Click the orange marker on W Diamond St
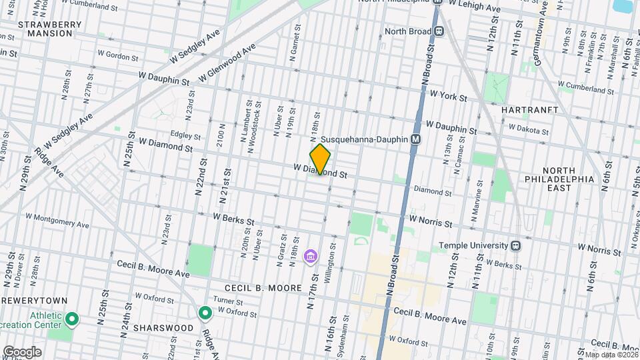point(320,159)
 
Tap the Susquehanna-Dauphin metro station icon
point(415,140)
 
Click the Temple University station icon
point(515,245)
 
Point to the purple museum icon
point(309,256)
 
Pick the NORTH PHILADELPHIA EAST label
point(567,179)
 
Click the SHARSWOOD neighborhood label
point(163,328)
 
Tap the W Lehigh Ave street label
point(474,7)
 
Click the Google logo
point(22,351)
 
